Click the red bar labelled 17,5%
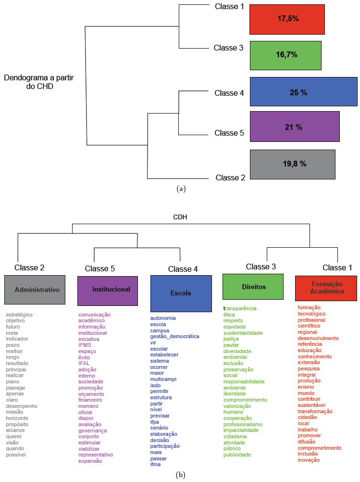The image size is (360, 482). coord(287,19)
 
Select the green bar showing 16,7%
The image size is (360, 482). coord(286,55)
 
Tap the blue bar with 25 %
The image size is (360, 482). coord(303,91)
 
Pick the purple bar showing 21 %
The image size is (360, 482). coord(294,127)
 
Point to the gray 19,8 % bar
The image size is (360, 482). coord(292,164)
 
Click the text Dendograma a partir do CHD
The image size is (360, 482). coord(38,82)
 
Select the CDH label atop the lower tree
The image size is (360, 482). coord(180,217)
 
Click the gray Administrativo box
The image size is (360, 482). coord(35,290)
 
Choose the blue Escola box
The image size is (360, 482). coord(181,293)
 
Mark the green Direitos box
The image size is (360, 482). coord(253,287)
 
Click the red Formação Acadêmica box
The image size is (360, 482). coord(326,288)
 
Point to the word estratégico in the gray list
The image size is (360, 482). coord(19,315)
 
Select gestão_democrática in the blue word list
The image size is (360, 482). coord(174,336)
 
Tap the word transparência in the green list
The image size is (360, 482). coord(240,308)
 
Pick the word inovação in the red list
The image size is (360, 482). coord(309,460)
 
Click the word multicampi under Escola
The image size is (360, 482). coord(162,379)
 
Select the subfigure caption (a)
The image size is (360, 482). coord(181,189)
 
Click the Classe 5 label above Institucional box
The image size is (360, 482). coord(100,268)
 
